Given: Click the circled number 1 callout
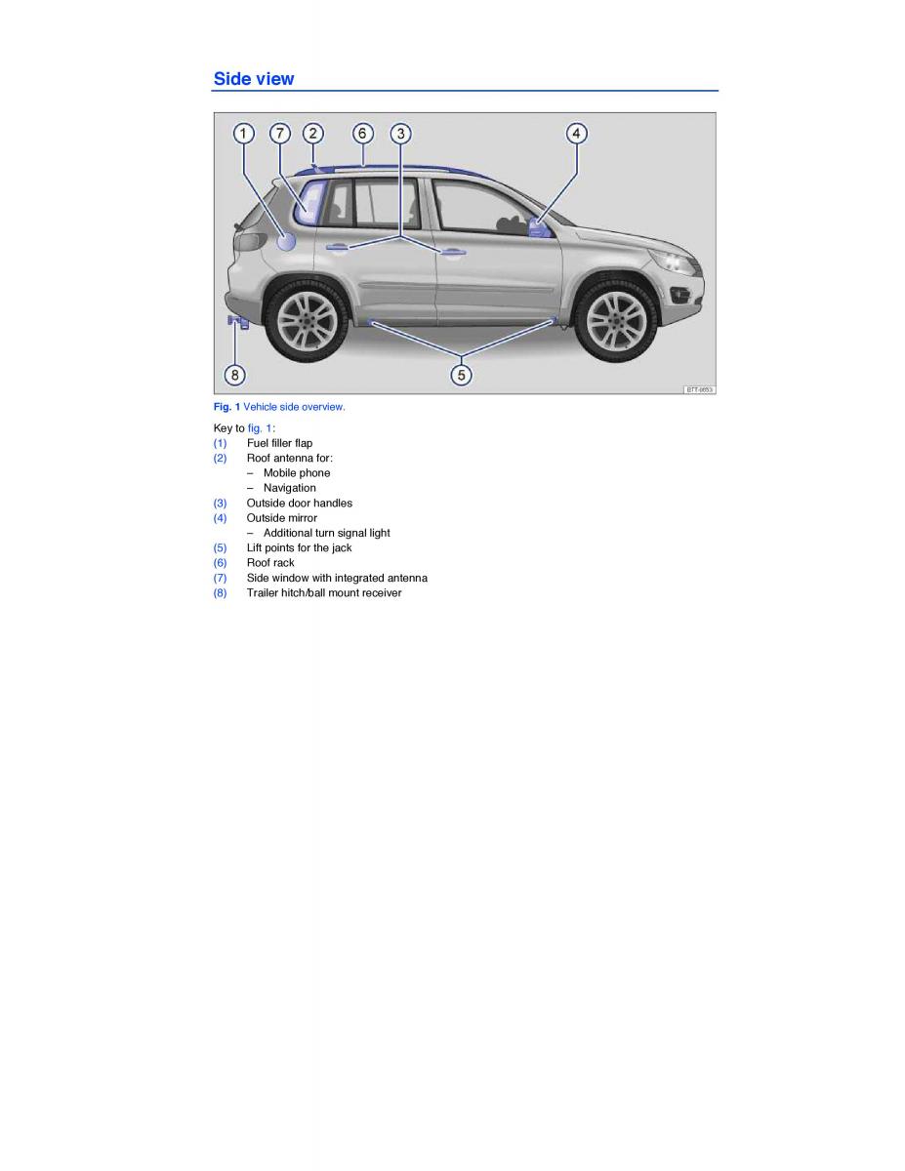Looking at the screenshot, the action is [x=244, y=133].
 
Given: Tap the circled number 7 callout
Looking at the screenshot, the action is [x=280, y=133].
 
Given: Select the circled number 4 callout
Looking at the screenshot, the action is [x=576, y=133].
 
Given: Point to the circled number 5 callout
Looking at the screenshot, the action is [x=461, y=375].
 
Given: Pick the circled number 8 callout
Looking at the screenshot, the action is [x=234, y=375].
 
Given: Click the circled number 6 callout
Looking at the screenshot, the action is [x=362, y=133].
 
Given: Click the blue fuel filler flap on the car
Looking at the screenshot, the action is [x=286, y=241].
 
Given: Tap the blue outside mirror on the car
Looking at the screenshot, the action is [x=539, y=227].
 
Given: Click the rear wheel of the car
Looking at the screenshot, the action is [x=307, y=321].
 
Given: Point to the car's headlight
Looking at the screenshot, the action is [x=672, y=262].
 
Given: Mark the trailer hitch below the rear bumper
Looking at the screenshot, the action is [x=237, y=322].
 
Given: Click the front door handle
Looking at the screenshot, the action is [x=452, y=252].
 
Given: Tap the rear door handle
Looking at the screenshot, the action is [x=337, y=247].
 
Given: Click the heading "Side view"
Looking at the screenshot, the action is [x=254, y=79].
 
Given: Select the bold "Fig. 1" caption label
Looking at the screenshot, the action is [x=226, y=407].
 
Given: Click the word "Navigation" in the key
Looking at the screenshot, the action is [x=289, y=488].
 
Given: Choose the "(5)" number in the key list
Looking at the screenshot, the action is [x=220, y=548].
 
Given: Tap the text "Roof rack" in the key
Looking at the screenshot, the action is [x=270, y=563].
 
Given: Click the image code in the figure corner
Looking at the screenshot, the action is [x=699, y=389].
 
